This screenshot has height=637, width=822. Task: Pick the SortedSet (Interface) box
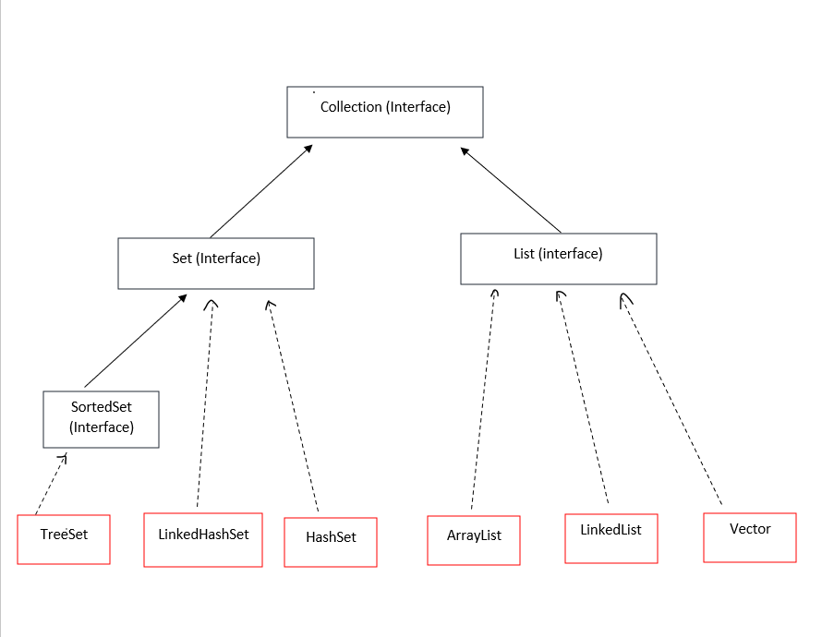click(101, 419)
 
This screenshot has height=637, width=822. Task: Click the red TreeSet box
click(64, 539)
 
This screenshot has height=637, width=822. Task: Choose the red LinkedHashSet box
click(203, 539)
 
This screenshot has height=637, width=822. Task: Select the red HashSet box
click(331, 542)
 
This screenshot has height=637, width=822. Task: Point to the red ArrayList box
click(473, 540)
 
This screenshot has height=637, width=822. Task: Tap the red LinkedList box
click(610, 538)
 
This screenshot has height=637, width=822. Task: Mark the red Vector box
click(749, 537)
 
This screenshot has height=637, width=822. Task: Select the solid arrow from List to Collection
click(512, 189)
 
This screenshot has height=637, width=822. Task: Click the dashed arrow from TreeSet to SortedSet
click(51, 485)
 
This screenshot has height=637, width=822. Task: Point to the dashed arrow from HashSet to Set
click(293, 406)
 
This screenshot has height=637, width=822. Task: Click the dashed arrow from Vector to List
click(671, 402)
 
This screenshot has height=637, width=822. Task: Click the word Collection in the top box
click(351, 107)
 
